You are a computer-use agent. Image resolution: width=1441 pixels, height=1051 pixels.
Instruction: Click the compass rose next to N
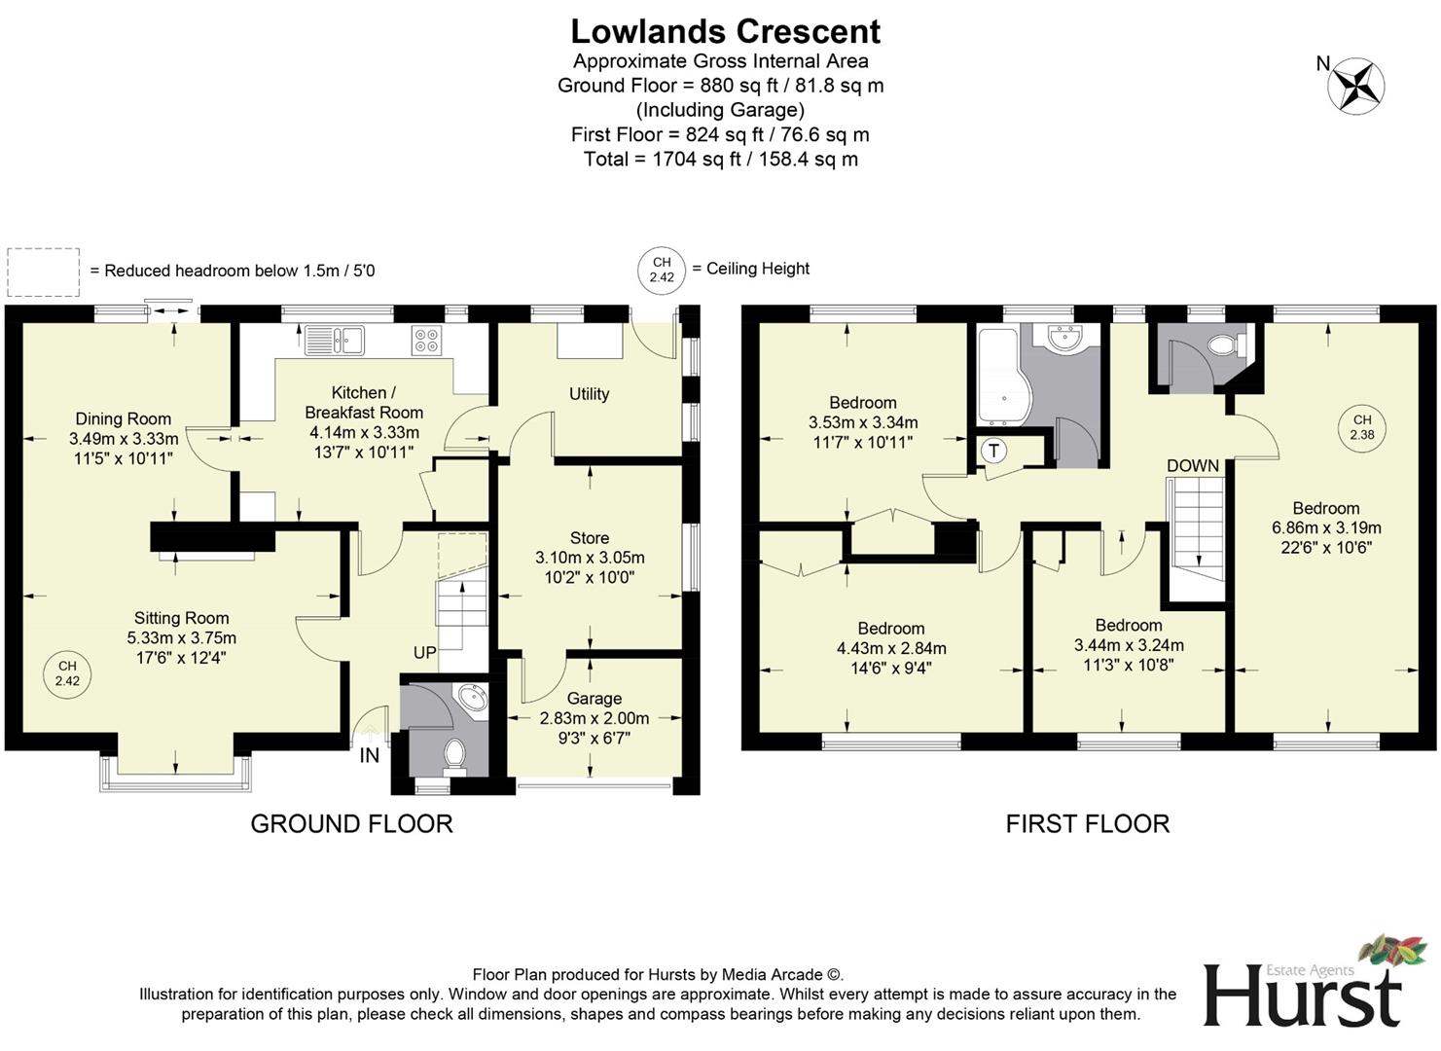[1356, 85]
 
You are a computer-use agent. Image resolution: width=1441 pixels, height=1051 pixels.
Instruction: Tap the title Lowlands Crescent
[725, 31]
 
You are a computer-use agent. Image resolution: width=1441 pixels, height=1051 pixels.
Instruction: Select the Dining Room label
[123, 418]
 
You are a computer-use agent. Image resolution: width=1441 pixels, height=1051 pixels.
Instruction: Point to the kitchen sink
[334, 340]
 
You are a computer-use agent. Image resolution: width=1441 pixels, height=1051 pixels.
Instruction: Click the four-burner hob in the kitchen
[426, 340]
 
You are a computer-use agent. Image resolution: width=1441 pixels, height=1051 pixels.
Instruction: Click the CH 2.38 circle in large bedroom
[1361, 427]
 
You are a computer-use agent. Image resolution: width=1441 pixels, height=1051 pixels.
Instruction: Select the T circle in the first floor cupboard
[993, 451]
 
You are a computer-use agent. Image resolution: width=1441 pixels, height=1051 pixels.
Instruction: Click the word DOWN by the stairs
[1193, 465]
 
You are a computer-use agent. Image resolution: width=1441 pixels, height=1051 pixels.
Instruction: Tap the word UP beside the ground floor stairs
[424, 652]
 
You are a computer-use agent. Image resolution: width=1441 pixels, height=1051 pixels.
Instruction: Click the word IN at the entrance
[370, 755]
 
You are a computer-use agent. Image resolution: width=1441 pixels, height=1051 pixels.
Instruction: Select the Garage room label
[594, 699]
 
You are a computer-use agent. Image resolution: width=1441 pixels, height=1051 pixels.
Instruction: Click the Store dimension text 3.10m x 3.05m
[590, 558]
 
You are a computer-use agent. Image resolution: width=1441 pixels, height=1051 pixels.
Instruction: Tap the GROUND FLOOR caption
[351, 823]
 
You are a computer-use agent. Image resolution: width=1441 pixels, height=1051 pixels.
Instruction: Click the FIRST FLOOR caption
[1087, 823]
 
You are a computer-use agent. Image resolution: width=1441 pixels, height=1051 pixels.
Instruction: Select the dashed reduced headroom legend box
[43, 272]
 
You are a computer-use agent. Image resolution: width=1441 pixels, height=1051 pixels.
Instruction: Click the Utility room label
[589, 393]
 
